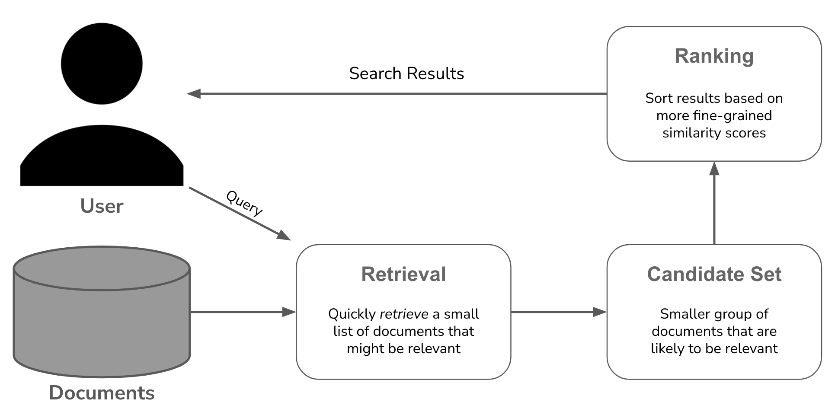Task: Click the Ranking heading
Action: (x=714, y=56)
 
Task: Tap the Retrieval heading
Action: (x=403, y=275)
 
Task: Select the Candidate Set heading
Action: (x=714, y=275)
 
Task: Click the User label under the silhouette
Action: (x=102, y=206)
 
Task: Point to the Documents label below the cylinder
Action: (x=102, y=393)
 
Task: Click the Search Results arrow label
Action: (x=406, y=73)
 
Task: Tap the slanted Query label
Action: (x=244, y=203)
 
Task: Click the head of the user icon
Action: (x=102, y=64)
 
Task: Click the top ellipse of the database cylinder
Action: (x=102, y=268)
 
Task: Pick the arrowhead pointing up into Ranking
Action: (x=714, y=169)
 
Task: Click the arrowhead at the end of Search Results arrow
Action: (x=194, y=93)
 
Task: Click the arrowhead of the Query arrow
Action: (x=283, y=235)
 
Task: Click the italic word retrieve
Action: (x=404, y=314)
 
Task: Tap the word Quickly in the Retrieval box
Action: (x=352, y=314)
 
